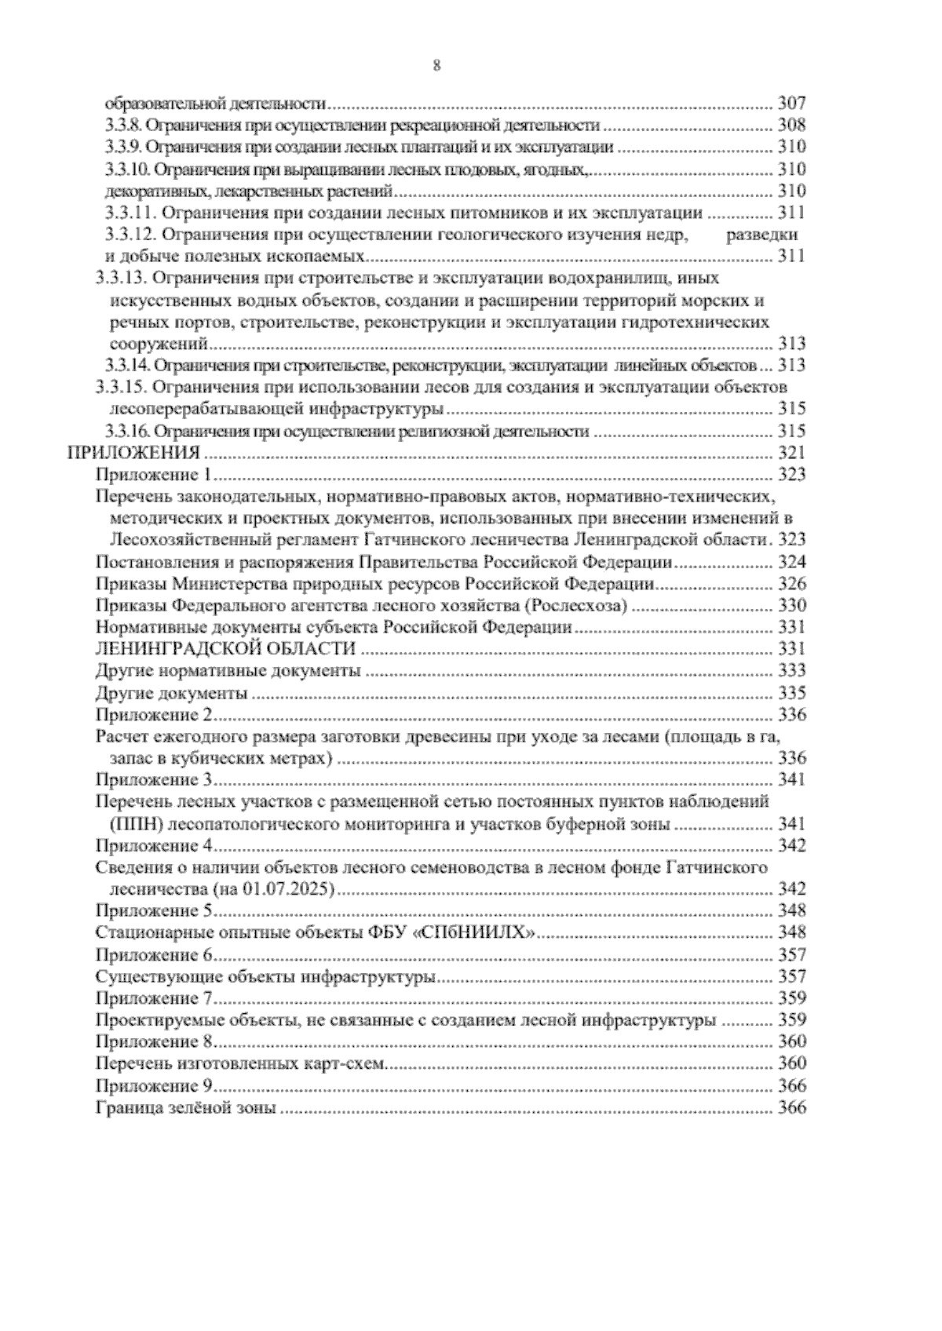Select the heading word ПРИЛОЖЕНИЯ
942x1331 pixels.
click(x=134, y=453)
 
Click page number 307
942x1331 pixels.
click(x=791, y=104)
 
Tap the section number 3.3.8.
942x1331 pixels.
click(x=124, y=126)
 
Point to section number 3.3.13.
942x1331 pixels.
click(x=122, y=279)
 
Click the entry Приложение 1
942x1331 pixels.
click(x=154, y=474)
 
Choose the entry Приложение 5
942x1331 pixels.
click(x=154, y=911)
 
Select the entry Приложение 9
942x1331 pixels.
click(x=154, y=1086)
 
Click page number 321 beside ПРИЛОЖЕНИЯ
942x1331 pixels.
click(x=791, y=453)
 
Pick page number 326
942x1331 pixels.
click(x=791, y=584)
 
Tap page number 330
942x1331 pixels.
click(x=791, y=606)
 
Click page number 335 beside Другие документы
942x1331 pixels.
click(x=791, y=693)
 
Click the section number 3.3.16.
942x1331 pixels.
click(x=127, y=431)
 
